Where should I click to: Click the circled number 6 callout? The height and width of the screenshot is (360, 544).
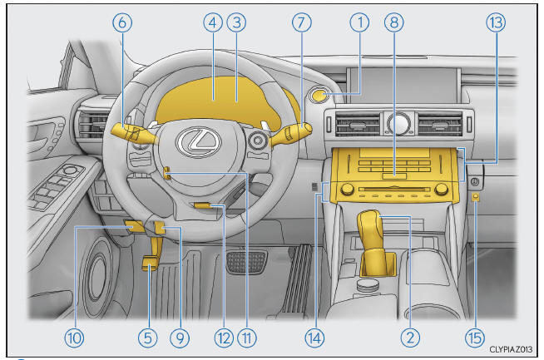[122, 22]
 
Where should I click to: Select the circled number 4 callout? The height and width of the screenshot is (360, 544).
[213, 22]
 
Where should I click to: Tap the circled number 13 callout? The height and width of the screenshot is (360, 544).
[496, 22]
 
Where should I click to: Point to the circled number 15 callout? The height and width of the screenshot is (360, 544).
[475, 338]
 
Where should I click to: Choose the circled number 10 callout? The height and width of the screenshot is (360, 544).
[74, 338]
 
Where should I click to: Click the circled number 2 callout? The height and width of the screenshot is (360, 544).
[410, 338]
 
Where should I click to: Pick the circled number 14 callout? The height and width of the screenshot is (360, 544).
[314, 338]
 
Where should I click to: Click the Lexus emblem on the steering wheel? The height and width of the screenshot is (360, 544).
[199, 142]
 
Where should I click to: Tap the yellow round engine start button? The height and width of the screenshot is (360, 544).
[320, 95]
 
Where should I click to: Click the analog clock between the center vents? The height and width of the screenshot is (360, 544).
[399, 124]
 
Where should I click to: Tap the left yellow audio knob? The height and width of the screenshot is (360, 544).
[347, 189]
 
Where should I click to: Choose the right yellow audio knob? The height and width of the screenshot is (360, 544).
[442, 189]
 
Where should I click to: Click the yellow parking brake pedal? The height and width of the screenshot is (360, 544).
[150, 263]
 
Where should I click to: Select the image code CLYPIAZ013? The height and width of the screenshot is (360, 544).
[511, 349]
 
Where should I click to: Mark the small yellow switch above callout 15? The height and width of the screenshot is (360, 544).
[476, 197]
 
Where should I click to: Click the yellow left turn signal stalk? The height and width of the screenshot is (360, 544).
[134, 134]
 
